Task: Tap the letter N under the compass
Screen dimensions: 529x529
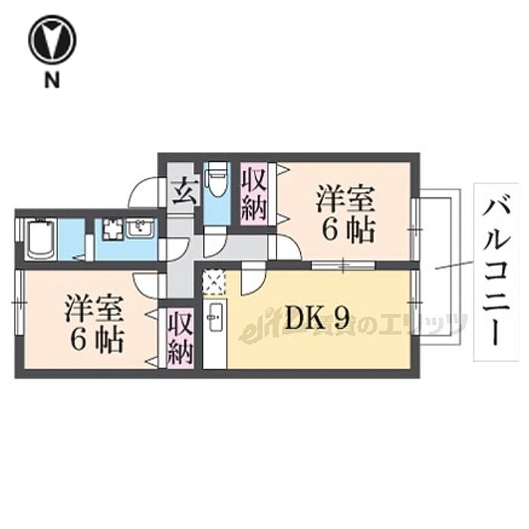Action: (51, 80)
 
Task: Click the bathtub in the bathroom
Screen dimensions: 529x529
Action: (39, 238)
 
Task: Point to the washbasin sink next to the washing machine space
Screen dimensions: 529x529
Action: (141, 227)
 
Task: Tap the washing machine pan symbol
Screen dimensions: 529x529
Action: (111, 229)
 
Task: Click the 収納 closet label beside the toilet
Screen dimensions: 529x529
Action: (255, 193)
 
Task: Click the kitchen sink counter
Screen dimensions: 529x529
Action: (215, 333)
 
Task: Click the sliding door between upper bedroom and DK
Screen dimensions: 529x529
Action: (333, 264)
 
